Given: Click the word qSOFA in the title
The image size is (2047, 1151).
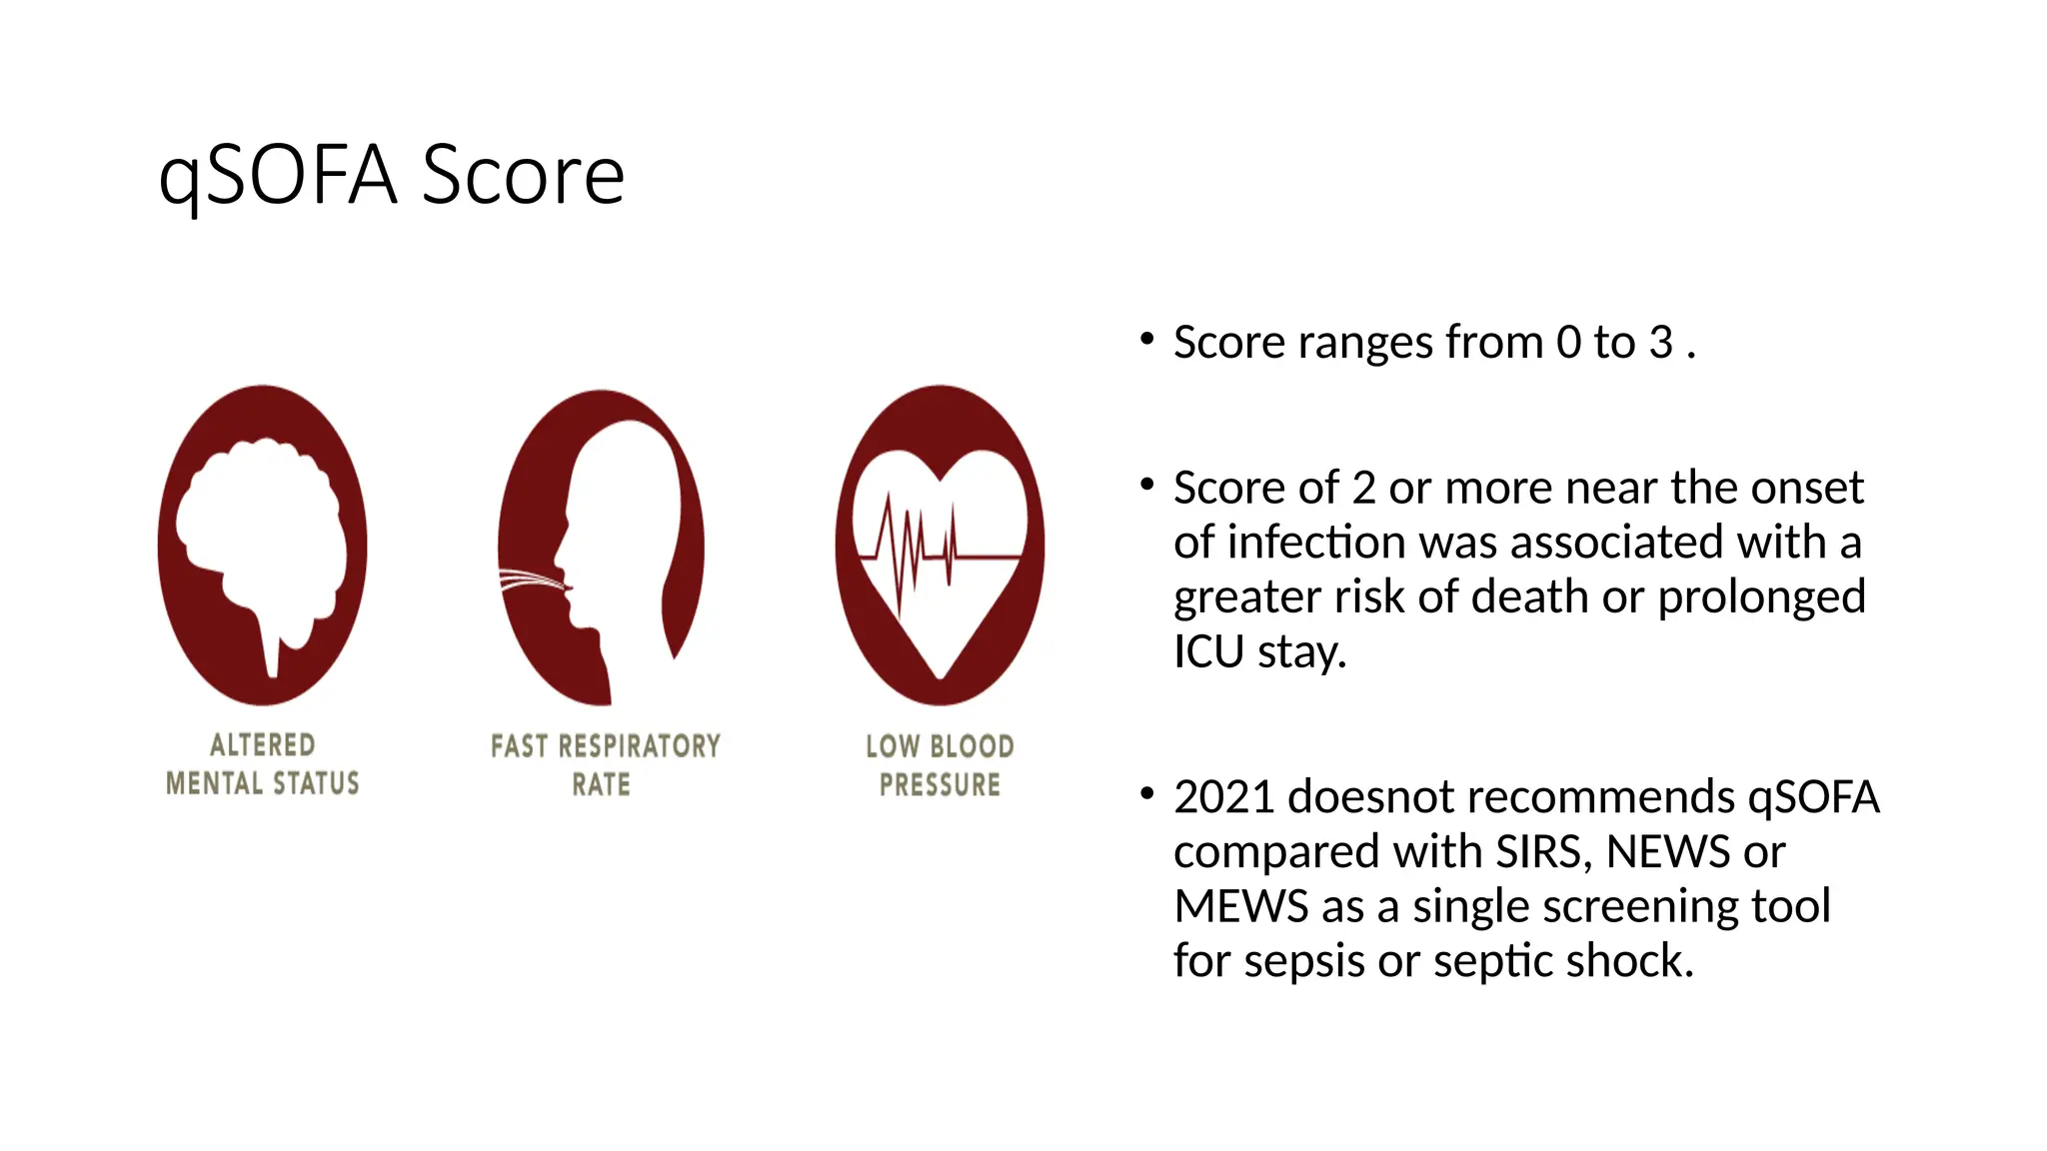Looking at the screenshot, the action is pos(278,176).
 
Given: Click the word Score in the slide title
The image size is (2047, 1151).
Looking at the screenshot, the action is pos(523,176).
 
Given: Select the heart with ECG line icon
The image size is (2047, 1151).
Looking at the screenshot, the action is pos(940,546).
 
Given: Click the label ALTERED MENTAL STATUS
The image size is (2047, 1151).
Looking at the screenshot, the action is pos(262,764).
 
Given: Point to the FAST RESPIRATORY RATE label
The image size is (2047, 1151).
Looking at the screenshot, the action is pos(605,765).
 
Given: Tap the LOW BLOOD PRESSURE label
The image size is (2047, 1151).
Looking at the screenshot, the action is pos(940,765).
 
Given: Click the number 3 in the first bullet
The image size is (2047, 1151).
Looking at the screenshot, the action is pos(1660,343).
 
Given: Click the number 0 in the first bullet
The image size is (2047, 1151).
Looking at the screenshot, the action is pos(1568,343).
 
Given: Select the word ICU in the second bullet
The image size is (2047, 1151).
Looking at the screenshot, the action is pos(1208,652).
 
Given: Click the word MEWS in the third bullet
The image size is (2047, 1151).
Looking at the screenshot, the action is pos(1240,907).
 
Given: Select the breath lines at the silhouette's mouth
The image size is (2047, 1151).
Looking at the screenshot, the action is pos(530,579).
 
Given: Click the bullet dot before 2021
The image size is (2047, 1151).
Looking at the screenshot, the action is pos(1146,795).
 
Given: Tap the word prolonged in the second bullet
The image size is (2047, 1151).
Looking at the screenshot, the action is pos(1761,597).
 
